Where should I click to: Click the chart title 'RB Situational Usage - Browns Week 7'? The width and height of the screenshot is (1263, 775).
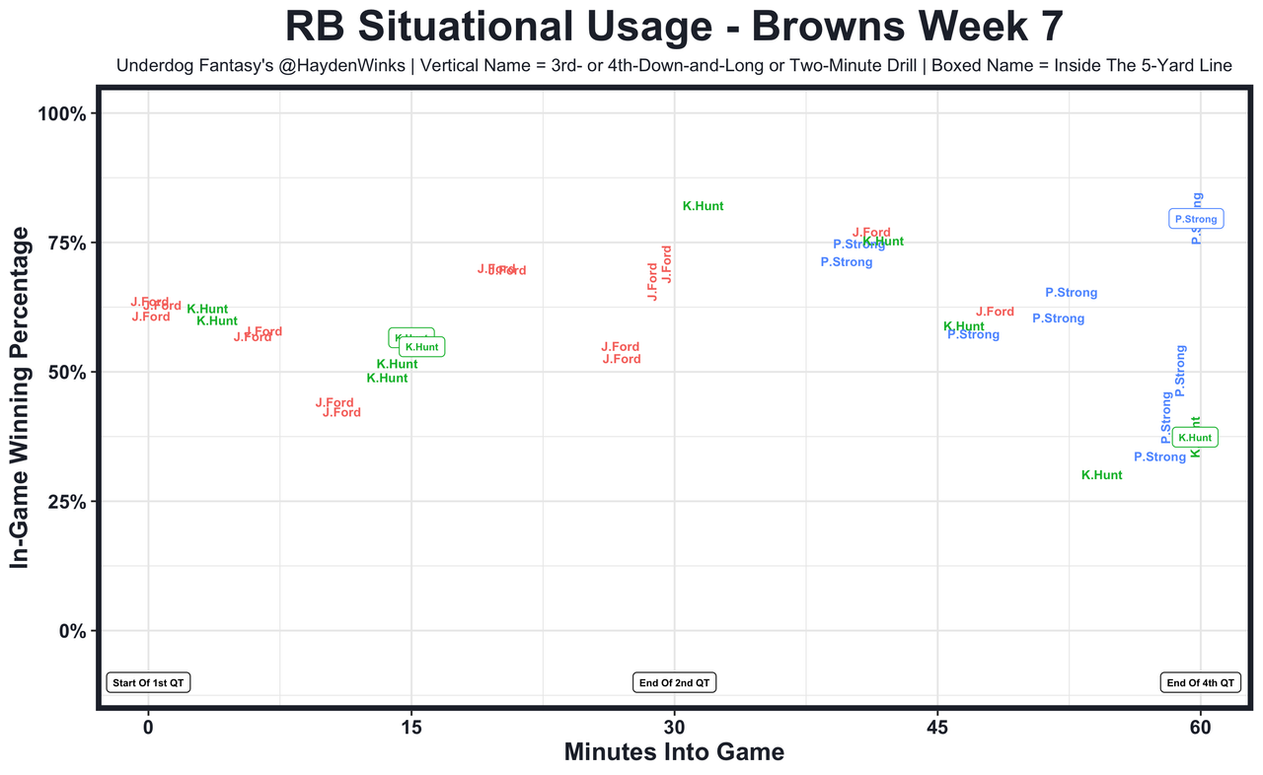(674, 27)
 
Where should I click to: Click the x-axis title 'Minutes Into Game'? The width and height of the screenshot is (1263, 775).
(674, 752)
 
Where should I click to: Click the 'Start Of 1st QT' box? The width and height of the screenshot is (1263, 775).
(148, 682)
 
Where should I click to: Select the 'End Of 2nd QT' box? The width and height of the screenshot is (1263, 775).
(675, 682)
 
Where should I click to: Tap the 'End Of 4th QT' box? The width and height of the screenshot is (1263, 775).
(1200, 682)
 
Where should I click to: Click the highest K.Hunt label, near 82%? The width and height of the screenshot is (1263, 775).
(703, 207)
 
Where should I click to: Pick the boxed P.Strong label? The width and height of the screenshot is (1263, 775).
(1196, 219)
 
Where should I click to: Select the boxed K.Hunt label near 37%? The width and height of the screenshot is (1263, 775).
(1195, 437)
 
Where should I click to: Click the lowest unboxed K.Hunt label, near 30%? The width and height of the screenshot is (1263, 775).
(1101, 475)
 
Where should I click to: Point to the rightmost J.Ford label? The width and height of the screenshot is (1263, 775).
(995, 313)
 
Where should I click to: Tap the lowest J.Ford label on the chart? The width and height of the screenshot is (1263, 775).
(341, 413)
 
